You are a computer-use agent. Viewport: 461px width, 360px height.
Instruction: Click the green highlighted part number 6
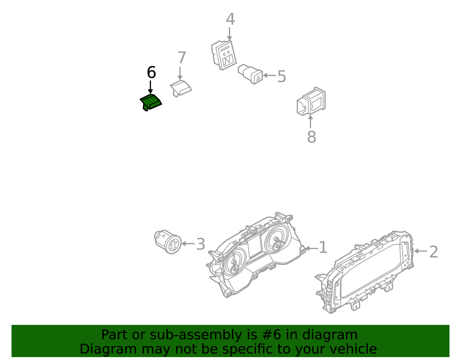point(151,102)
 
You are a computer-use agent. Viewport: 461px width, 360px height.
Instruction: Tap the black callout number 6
point(151,73)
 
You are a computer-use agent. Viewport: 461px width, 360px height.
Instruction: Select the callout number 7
point(182,58)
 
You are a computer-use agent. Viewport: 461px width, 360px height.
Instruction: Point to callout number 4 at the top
point(230,20)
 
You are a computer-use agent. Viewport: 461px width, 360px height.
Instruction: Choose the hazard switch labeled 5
point(250,74)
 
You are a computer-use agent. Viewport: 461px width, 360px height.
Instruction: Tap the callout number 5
point(281,77)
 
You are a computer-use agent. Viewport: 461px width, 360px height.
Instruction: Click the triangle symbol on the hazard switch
point(258,78)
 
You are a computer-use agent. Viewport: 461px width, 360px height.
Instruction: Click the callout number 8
point(311,137)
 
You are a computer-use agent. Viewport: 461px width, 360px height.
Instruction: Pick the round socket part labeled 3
point(168,242)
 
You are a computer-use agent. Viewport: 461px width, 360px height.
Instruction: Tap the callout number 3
point(201,244)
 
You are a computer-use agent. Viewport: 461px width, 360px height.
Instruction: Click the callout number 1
point(323,248)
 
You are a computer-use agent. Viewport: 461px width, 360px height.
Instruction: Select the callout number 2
point(434,252)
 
